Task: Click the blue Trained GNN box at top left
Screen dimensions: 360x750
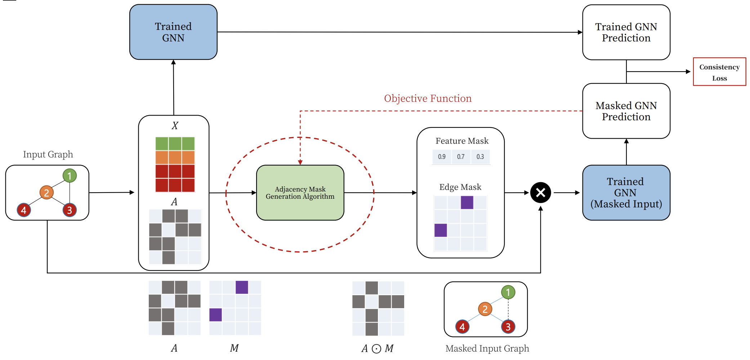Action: [173, 32]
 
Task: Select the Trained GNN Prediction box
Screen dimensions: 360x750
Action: [626, 32]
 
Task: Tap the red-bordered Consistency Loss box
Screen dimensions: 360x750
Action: [719, 72]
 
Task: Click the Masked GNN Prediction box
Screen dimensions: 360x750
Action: [626, 111]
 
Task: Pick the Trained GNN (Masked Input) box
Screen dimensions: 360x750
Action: [626, 193]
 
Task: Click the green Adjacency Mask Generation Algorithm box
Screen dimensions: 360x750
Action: [300, 193]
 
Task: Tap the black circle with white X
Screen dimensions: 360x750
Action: [540, 193]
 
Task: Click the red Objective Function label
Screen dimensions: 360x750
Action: [428, 98]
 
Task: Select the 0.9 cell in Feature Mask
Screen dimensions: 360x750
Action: [442, 157]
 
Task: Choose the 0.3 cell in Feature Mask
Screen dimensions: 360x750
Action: [480, 157]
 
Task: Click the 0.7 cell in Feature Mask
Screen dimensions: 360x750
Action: [461, 157]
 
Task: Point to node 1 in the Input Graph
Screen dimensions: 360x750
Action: [70, 176]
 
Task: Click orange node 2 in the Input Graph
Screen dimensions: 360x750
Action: [46, 193]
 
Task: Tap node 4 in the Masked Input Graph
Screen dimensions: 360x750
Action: [462, 327]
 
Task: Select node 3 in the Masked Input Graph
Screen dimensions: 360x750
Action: [508, 327]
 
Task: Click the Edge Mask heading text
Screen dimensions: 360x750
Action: [460, 187]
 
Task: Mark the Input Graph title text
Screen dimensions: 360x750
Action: [48, 154]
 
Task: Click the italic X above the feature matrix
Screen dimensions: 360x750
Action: [175, 126]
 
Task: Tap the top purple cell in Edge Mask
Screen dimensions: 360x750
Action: [467, 202]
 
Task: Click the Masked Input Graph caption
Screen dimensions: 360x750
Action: [487, 348]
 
